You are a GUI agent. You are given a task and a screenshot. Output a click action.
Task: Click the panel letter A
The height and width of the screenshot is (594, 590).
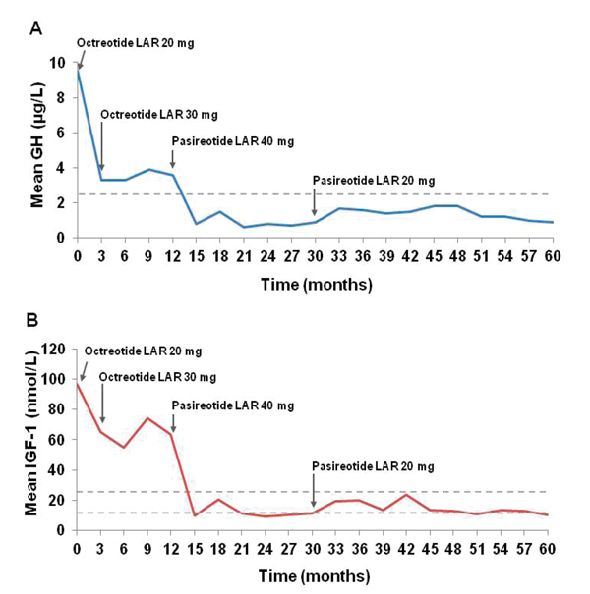[35, 28]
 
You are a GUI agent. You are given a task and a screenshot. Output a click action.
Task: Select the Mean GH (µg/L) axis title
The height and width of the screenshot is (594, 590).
[36, 149]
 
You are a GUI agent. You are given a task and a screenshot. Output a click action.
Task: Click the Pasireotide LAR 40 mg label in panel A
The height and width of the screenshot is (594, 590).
[232, 140]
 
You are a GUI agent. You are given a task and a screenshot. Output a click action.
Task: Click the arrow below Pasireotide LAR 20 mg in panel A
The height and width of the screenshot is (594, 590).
[315, 204]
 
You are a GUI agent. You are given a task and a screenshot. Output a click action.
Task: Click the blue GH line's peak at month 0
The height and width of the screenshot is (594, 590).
[77, 69]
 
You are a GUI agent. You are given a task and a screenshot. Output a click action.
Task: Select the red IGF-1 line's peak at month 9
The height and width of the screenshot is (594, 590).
[148, 418]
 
